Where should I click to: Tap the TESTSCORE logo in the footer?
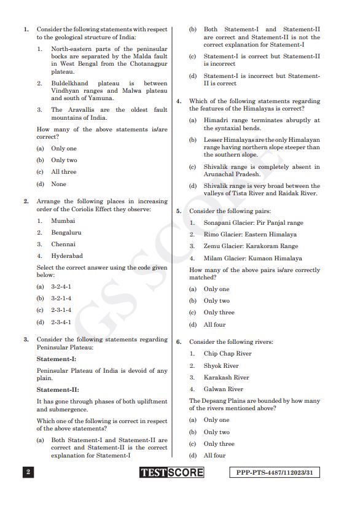171,473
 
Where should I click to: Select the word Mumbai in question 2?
63,220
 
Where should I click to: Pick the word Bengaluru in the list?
66,233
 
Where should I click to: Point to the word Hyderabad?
67,256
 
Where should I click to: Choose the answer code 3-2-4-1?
61,287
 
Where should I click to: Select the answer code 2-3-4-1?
61,322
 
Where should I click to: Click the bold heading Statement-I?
57,359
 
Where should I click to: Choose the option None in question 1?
58,184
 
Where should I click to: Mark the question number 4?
179,101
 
